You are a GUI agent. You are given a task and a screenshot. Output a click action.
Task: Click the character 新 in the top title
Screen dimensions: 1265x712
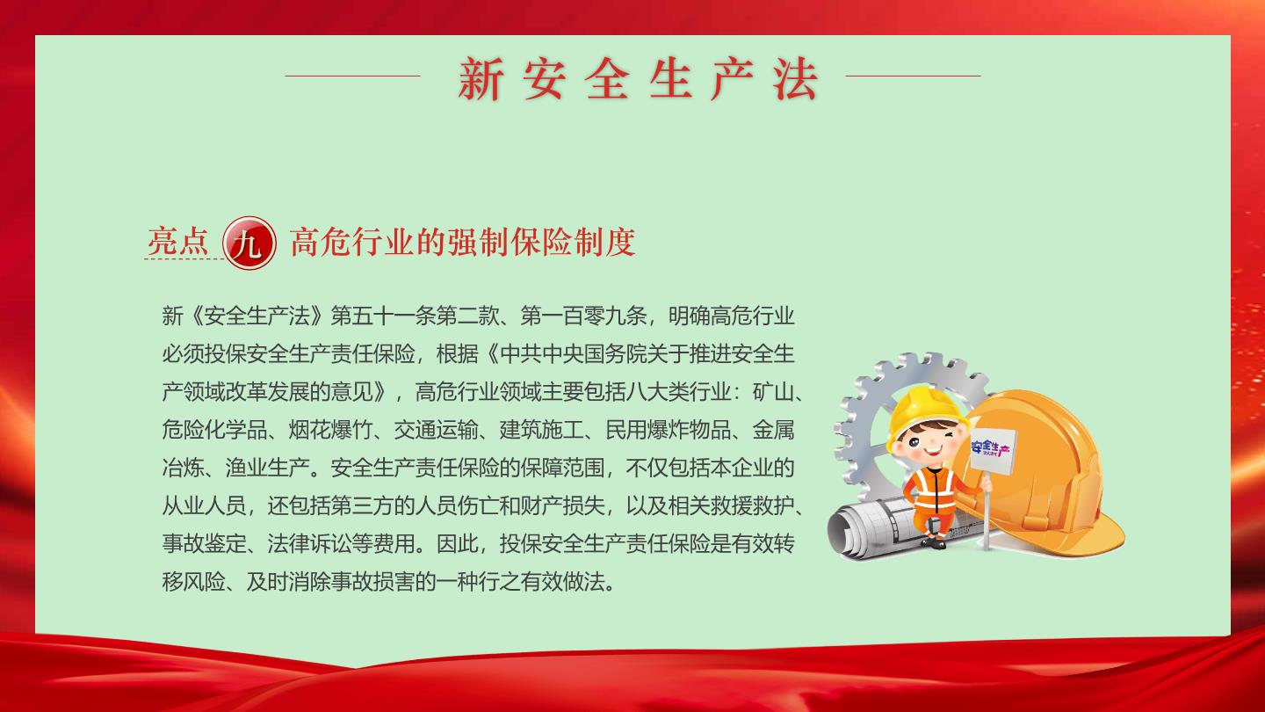pos(481,78)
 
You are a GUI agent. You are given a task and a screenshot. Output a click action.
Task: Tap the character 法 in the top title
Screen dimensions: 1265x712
pos(795,78)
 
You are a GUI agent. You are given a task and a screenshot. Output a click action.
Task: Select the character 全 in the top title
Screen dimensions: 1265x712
pos(607,78)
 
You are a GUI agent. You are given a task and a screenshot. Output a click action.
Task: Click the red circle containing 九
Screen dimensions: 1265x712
pos(249,243)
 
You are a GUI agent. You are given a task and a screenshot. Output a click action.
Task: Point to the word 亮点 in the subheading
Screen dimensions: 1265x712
pos(178,242)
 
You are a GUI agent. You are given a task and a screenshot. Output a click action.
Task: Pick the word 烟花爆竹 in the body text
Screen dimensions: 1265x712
pos(330,430)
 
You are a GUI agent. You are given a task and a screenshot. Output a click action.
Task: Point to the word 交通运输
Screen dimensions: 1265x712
pos(436,430)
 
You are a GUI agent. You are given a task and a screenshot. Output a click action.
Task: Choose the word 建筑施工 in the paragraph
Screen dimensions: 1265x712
pos(541,430)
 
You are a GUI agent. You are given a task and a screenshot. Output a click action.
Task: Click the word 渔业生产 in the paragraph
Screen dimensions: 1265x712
pos(268,468)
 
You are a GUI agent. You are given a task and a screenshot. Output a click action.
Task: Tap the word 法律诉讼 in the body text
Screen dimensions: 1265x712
pos(309,543)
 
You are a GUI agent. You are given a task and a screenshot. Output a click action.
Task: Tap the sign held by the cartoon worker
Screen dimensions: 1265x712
pos(993,449)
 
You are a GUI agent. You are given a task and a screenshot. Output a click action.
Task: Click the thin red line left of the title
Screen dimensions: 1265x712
pos(353,76)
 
